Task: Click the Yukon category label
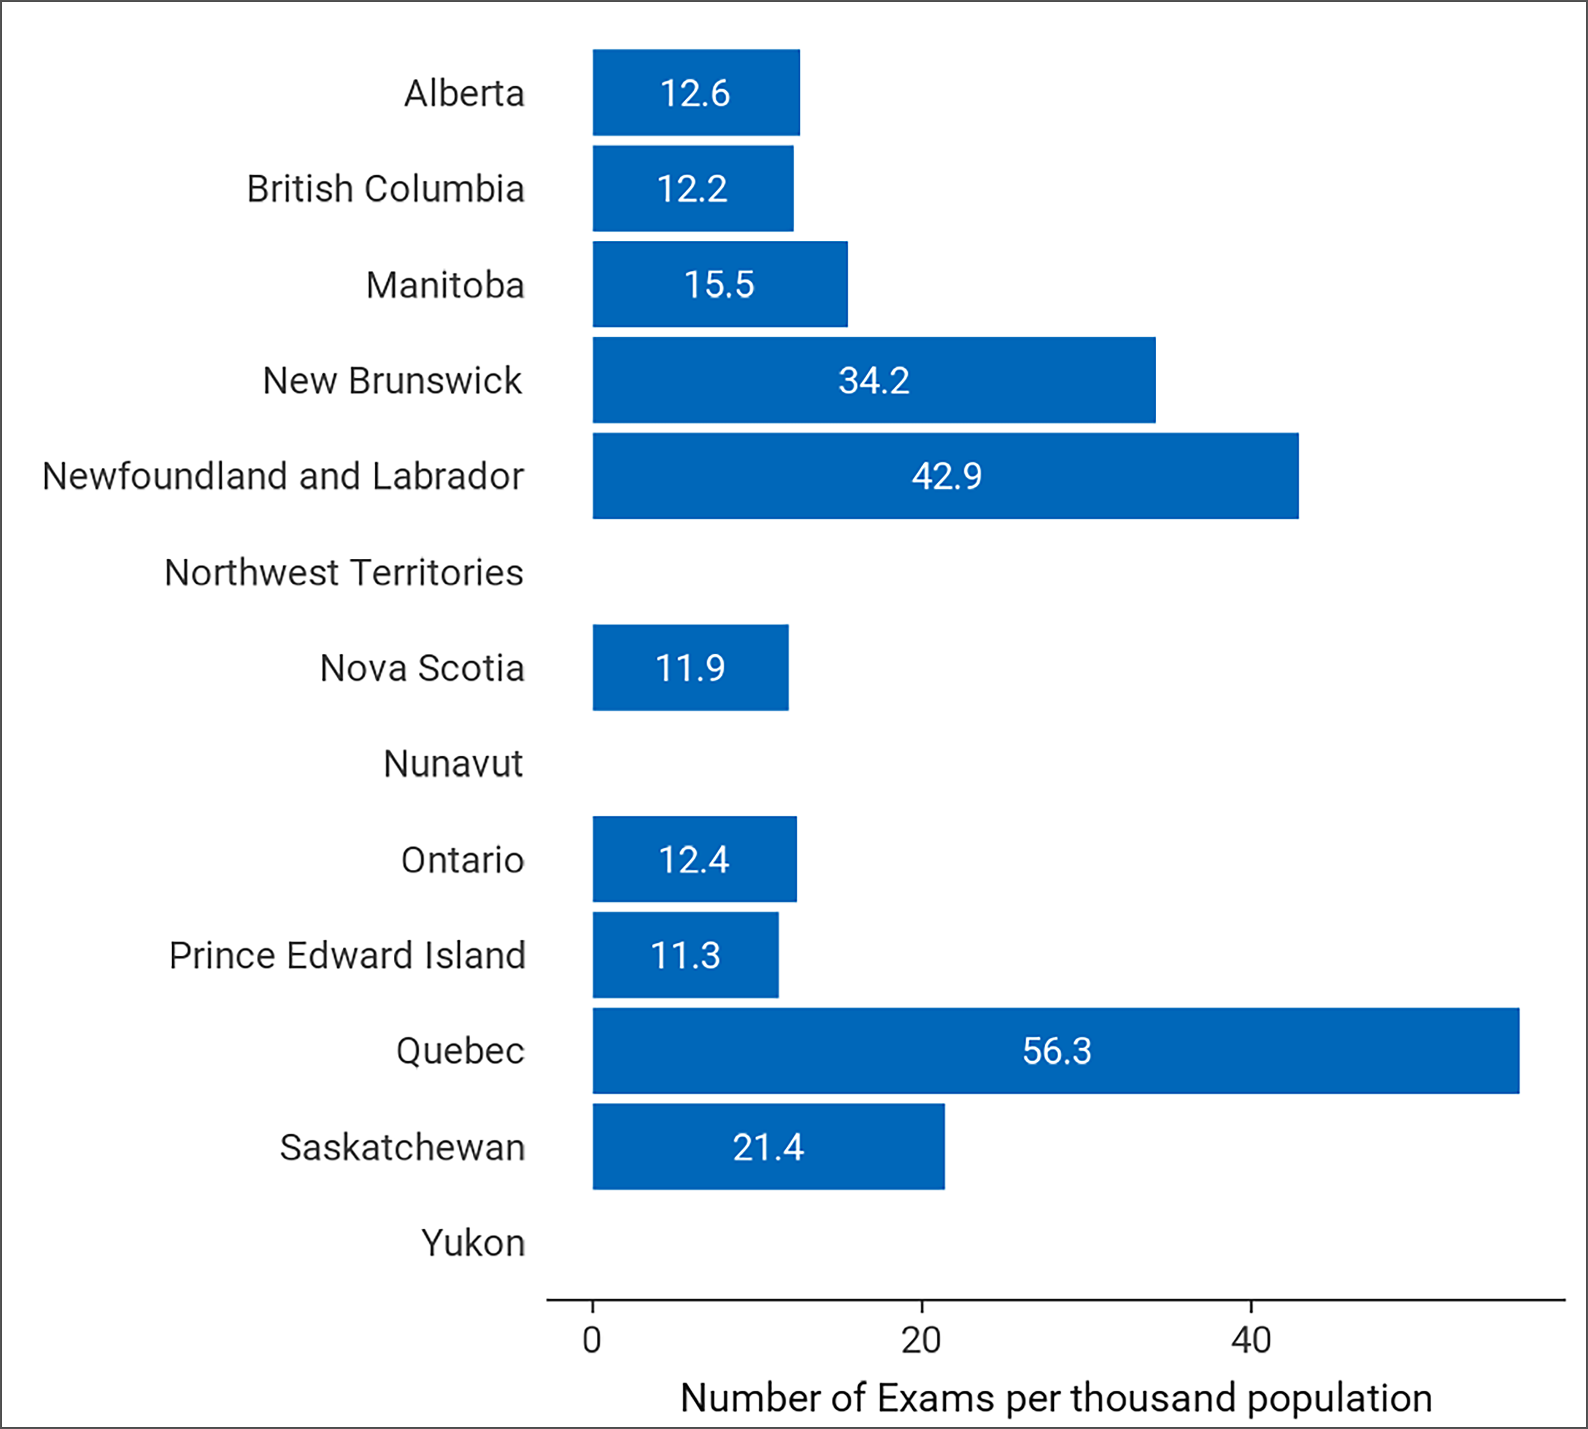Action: (x=473, y=1243)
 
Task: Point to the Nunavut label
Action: (x=453, y=764)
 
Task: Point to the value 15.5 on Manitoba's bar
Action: (x=719, y=284)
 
